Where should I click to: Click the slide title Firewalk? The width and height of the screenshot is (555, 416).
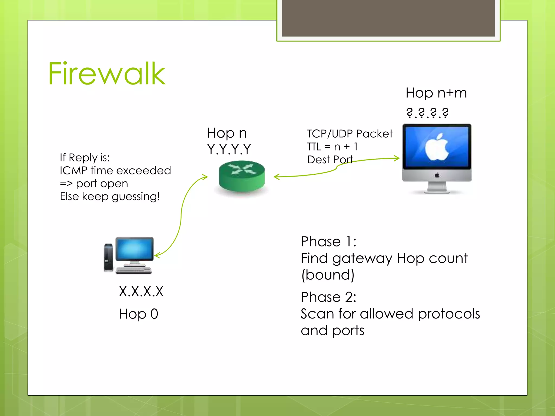pos(107,74)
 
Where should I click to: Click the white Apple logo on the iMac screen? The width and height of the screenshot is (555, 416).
pos(436,147)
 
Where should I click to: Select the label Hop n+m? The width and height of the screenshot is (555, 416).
pos(436,93)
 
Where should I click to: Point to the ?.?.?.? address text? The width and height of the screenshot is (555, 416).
pos(427,113)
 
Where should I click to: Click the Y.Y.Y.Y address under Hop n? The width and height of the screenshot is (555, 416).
pos(229,149)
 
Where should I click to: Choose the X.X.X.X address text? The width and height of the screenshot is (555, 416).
pos(141,292)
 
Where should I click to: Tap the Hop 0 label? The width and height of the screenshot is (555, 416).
pos(138,314)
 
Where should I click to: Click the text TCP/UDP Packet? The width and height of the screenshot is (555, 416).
pos(350,134)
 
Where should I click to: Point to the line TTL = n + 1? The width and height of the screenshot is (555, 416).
pos(332,147)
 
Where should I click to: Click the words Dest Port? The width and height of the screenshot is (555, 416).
pos(330,160)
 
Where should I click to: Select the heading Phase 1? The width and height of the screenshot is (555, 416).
pos(328,241)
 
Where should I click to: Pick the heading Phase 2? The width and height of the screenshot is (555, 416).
pos(328,297)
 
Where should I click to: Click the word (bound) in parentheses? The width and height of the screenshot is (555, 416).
pos(328,275)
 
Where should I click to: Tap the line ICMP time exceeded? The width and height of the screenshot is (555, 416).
pos(115,171)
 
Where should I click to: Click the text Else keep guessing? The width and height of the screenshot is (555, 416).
pos(110,196)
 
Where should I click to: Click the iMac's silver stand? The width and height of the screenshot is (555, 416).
pos(437,187)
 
